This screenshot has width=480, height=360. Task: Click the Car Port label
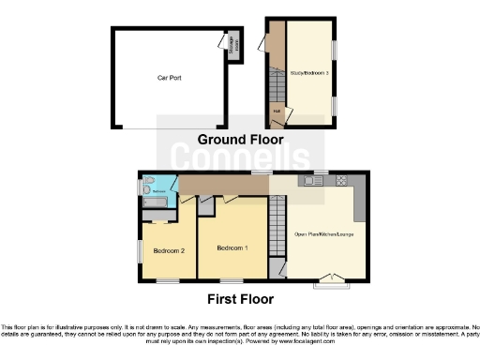click(169, 79)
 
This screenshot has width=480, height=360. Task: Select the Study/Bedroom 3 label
click(309, 71)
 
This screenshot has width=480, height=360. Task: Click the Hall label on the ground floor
click(277, 113)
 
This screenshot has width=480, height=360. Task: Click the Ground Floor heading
click(241, 140)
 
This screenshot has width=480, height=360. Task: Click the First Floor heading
click(241, 300)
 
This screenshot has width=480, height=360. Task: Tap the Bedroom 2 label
click(168, 250)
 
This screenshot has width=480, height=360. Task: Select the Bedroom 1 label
click(232, 247)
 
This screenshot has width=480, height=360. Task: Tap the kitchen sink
click(308, 180)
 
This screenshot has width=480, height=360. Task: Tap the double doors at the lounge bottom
click(329, 277)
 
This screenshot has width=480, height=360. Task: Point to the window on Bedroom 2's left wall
click(140, 251)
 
